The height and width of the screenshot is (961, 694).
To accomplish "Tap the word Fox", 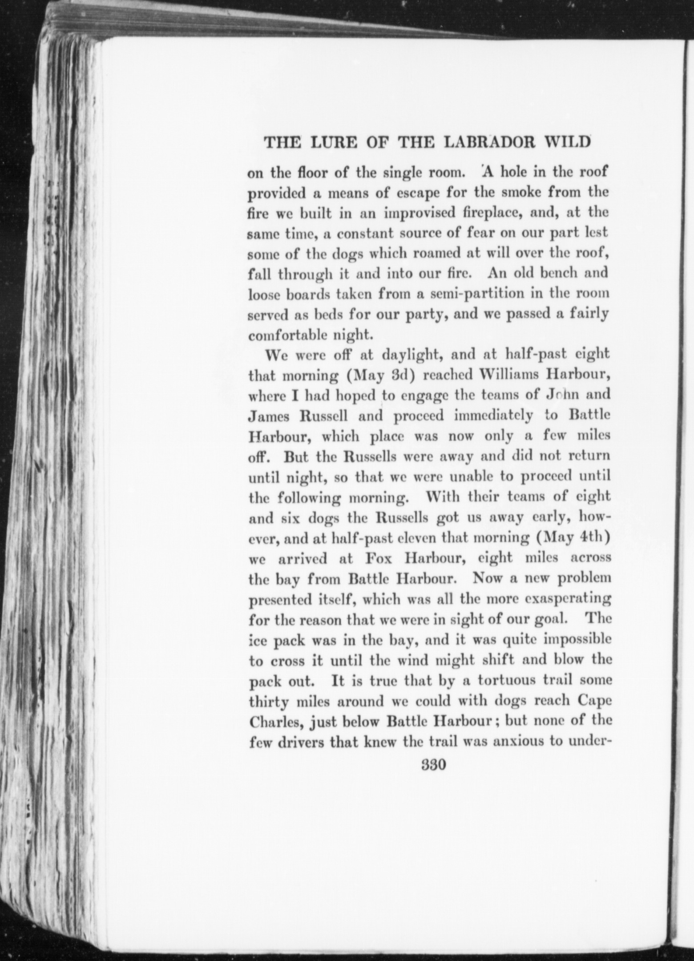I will [x=379, y=559].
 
